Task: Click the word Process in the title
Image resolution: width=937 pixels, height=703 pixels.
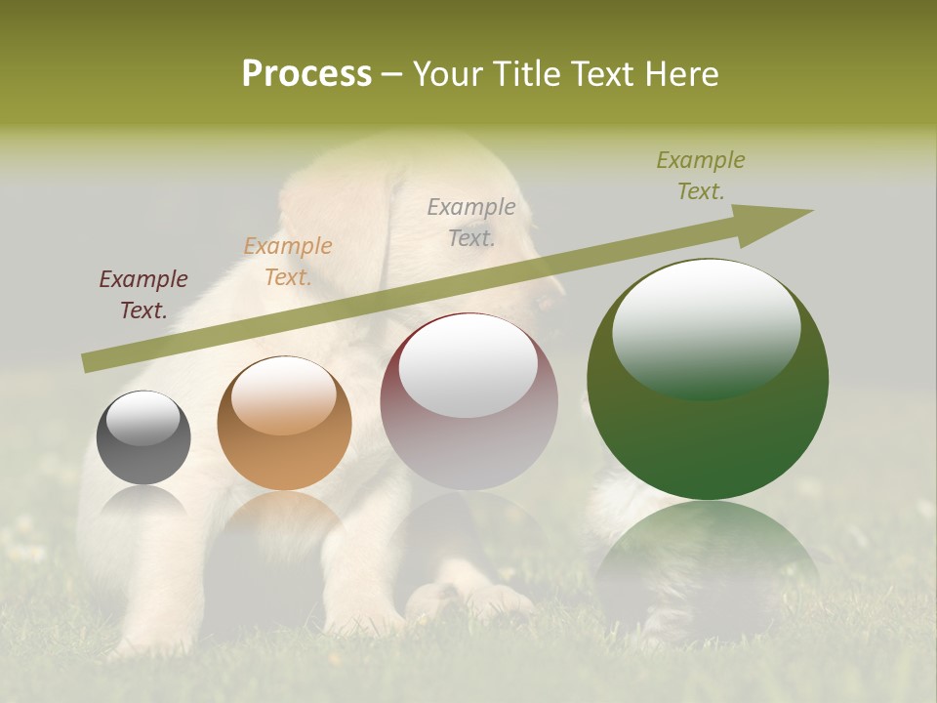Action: coord(306,74)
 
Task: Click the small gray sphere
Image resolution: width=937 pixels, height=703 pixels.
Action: coord(143,437)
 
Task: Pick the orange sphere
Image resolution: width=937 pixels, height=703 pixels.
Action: coord(284,424)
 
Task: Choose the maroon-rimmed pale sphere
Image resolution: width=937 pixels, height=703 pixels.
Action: coord(469,401)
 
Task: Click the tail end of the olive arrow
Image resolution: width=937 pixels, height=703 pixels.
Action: coord(90,363)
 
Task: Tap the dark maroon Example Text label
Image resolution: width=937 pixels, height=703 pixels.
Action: coord(143,295)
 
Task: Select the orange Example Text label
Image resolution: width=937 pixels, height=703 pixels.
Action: coord(288,262)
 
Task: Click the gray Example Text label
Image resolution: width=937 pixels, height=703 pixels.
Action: coord(471,222)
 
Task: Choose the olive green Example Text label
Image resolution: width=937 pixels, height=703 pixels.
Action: coord(701,176)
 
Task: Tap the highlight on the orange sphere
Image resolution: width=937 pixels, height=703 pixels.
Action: coord(283,394)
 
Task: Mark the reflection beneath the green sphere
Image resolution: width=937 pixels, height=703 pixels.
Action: coord(708,557)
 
